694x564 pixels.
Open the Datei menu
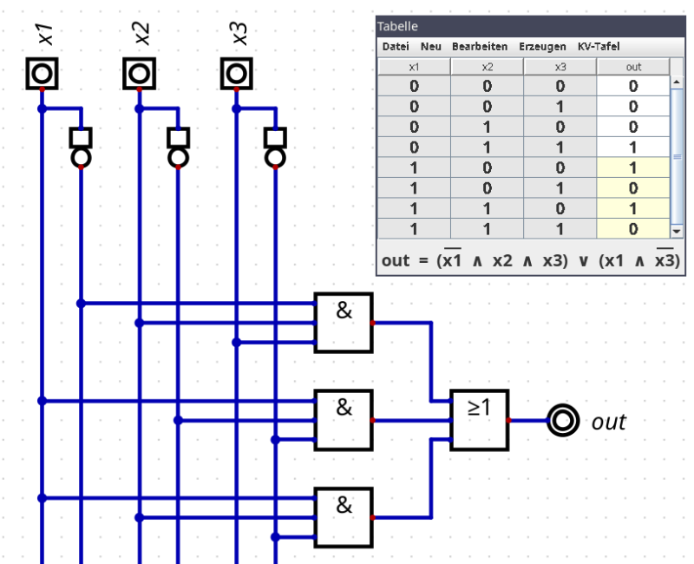[396, 47]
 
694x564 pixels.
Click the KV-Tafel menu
[599, 47]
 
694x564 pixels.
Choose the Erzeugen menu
[542, 47]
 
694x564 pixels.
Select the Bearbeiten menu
[480, 47]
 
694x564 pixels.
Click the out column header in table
[633, 67]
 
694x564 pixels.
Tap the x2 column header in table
[487, 67]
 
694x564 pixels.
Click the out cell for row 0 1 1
[633, 148]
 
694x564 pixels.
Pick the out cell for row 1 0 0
[633, 167]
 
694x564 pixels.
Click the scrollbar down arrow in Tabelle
[677, 231]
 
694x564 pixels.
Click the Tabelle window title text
[397, 26]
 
